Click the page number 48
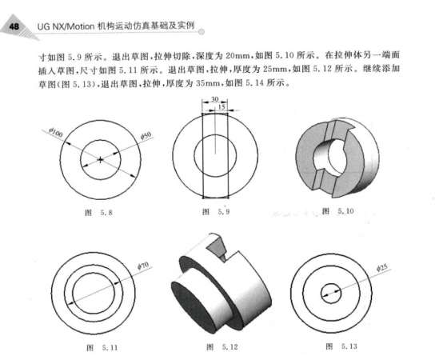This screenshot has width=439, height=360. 14,26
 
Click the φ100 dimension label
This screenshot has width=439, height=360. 55,132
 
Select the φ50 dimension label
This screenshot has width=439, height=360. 146,135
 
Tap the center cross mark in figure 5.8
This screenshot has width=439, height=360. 101,160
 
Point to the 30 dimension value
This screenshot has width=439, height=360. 214,99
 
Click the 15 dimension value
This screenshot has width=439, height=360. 221,106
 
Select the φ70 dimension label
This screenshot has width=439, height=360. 143,266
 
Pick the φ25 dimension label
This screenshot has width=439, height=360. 382,268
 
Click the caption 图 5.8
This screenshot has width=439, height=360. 98,213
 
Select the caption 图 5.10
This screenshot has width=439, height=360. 338,210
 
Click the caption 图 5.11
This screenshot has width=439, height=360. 102,348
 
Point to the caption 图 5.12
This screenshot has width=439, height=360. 222,347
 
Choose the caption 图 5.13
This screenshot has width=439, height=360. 341,346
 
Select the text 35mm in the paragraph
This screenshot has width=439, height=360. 208,83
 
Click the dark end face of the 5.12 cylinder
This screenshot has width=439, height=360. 194,307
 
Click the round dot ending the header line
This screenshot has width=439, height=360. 201,32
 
